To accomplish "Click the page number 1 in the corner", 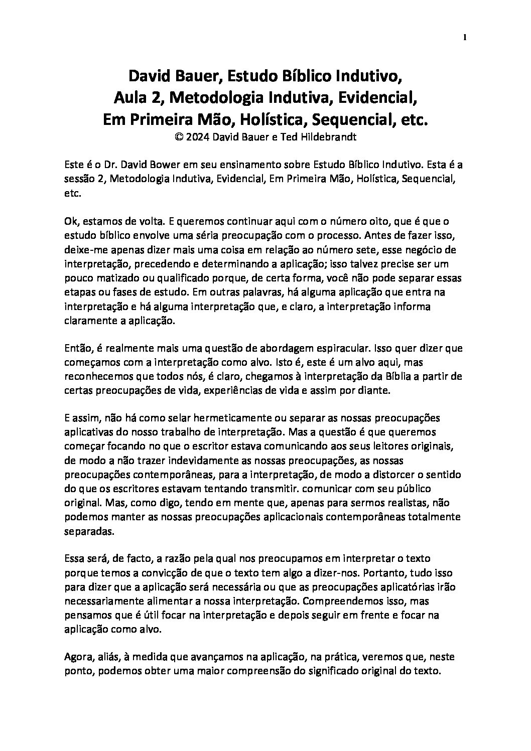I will point(465,37).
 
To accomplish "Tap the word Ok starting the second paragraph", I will point(71,221).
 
